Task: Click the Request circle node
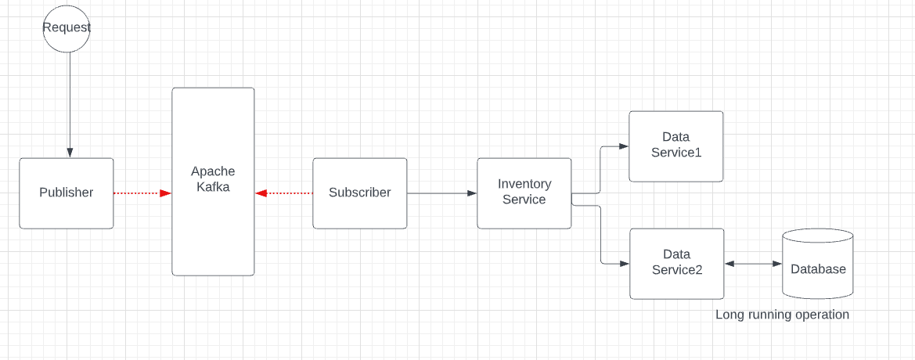67,28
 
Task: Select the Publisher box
67,193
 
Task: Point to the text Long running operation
782,315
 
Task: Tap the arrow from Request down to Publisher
69,102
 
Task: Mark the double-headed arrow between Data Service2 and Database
753,264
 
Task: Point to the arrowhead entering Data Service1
624,146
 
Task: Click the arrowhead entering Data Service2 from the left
625,264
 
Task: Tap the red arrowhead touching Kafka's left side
166,193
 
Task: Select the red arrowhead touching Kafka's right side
261,193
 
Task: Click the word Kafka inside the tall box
213,187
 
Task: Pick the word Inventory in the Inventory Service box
524,184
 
